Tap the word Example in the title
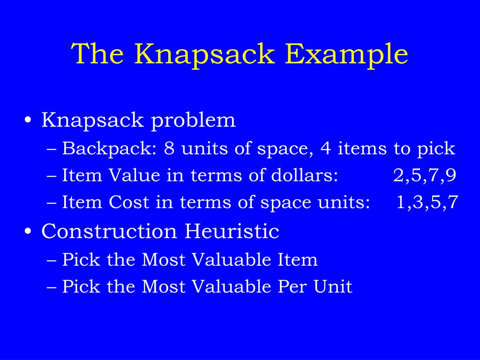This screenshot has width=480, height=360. (347, 54)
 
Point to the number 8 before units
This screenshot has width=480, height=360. (169, 149)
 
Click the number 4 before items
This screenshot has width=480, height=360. (325, 149)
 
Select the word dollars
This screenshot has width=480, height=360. (305, 176)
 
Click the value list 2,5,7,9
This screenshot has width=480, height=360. (425, 176)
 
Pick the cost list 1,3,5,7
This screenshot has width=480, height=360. (427, 203)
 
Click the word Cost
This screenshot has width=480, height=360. (127, 203)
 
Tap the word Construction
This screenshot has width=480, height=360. (109, 231)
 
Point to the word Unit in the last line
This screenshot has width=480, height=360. (334, 286)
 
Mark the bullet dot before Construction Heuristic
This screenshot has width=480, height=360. (29, 232)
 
